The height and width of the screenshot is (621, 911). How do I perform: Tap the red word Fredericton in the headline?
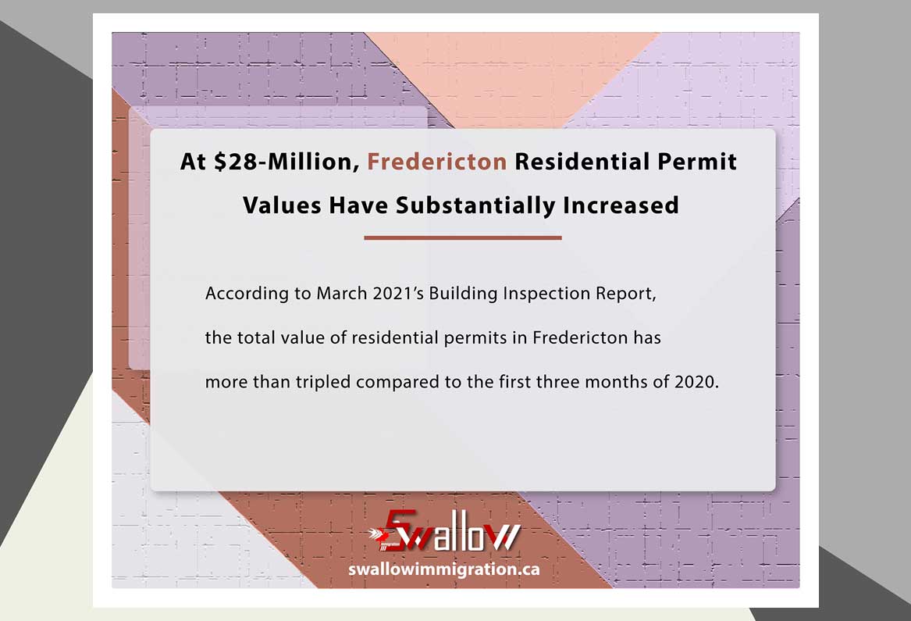click(x=437, y=162)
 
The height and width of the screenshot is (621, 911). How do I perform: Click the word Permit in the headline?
click(x=697, y=162)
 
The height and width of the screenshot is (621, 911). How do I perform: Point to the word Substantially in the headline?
click(x=475, y=206)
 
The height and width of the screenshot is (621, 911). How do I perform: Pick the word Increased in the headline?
click(x=621, y=205)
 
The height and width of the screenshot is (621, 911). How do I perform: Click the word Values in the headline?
click(x=282, y=205)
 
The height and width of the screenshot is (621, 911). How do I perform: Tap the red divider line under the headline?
click(x=463, y=237)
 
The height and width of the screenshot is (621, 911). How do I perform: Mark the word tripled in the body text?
click(x=323, y=383)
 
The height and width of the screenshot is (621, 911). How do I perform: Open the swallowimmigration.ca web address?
click(x=444, y=569)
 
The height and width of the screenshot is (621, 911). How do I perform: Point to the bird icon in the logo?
click(x=378, y=534)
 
